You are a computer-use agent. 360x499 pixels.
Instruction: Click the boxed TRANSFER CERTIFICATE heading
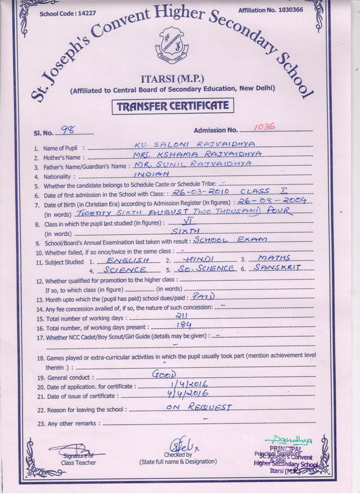(x=172, y=106)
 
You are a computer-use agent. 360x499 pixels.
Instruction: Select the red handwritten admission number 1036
(x=265, y=127)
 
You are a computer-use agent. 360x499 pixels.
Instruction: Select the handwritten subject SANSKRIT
(x=278, y=267)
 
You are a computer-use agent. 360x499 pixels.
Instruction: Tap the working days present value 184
(x=170, y=325)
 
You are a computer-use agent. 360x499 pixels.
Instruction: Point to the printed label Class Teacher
(x=78, y=463)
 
